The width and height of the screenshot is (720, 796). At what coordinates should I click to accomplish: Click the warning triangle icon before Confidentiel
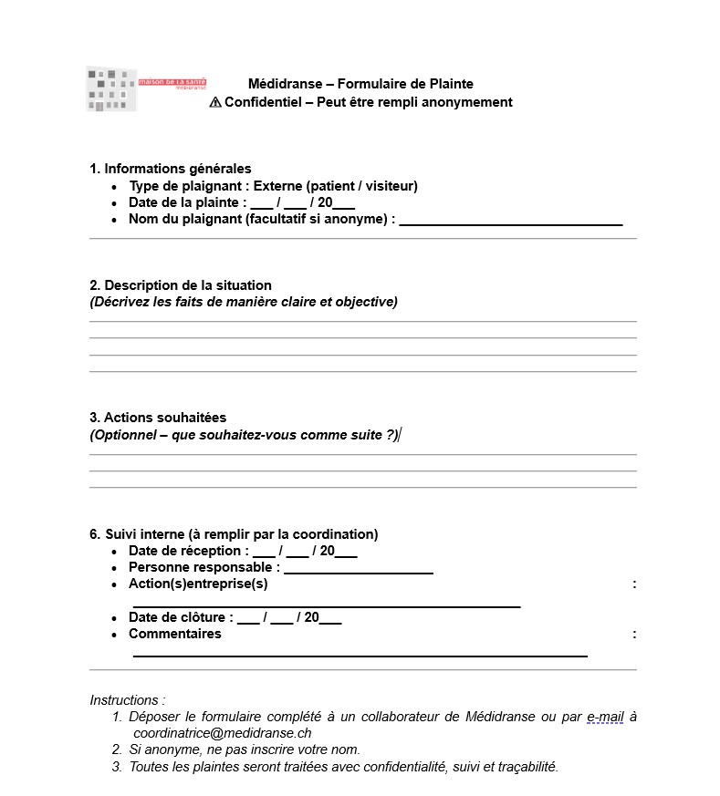[x=215, y=102]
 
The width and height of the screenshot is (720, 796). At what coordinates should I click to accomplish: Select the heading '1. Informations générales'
[x=171, y=169]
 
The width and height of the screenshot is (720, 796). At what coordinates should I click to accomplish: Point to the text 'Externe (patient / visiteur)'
[x=335, y=186]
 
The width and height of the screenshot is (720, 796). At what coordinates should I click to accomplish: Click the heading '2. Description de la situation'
[x=181, y=285]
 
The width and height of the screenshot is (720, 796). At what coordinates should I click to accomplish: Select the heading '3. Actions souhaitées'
[x=158, y=418]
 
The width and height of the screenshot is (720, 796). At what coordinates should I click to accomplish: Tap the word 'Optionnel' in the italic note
[x=124, y=435]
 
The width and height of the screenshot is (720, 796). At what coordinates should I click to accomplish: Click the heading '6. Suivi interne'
[x=234, y=534]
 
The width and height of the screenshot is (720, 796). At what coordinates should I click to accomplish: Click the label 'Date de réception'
[x=188, y=551]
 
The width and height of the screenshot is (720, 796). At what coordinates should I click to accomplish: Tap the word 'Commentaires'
[x=175, y=634]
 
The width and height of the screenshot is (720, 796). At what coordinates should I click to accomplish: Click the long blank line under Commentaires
[x=360, y=654]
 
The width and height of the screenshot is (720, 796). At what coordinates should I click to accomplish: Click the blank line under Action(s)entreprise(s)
[x=327, y=605]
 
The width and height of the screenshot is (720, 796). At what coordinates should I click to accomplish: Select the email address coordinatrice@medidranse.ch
[x=223, y=732]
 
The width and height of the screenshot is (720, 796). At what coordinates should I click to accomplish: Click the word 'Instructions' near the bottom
[x=125, y=700]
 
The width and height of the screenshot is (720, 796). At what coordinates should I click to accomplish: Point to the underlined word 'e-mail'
[x=605, y=717]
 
